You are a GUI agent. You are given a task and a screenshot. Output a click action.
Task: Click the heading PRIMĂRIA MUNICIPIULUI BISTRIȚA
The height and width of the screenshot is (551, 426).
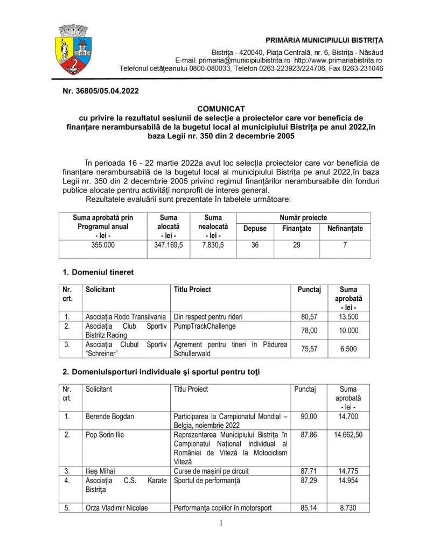[x=324, y=41]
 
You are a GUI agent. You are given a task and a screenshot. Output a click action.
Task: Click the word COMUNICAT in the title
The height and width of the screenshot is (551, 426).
[x=213, y=109]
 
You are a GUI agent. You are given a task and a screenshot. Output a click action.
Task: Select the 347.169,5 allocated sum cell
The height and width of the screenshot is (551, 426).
[x=168, y=244]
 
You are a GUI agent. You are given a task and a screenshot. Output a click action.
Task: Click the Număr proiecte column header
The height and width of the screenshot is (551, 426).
[x=303, y=218]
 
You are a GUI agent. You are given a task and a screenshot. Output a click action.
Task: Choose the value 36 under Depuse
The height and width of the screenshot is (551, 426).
[x=255, y=244]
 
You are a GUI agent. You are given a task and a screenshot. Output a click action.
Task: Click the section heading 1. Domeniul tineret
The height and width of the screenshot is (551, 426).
[x=96, y=272]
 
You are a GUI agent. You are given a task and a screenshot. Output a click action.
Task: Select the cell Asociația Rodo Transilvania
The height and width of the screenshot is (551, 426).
[x=125, y=316]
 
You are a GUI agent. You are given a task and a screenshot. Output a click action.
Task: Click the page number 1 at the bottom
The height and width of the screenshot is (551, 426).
[x=221, y=522]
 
